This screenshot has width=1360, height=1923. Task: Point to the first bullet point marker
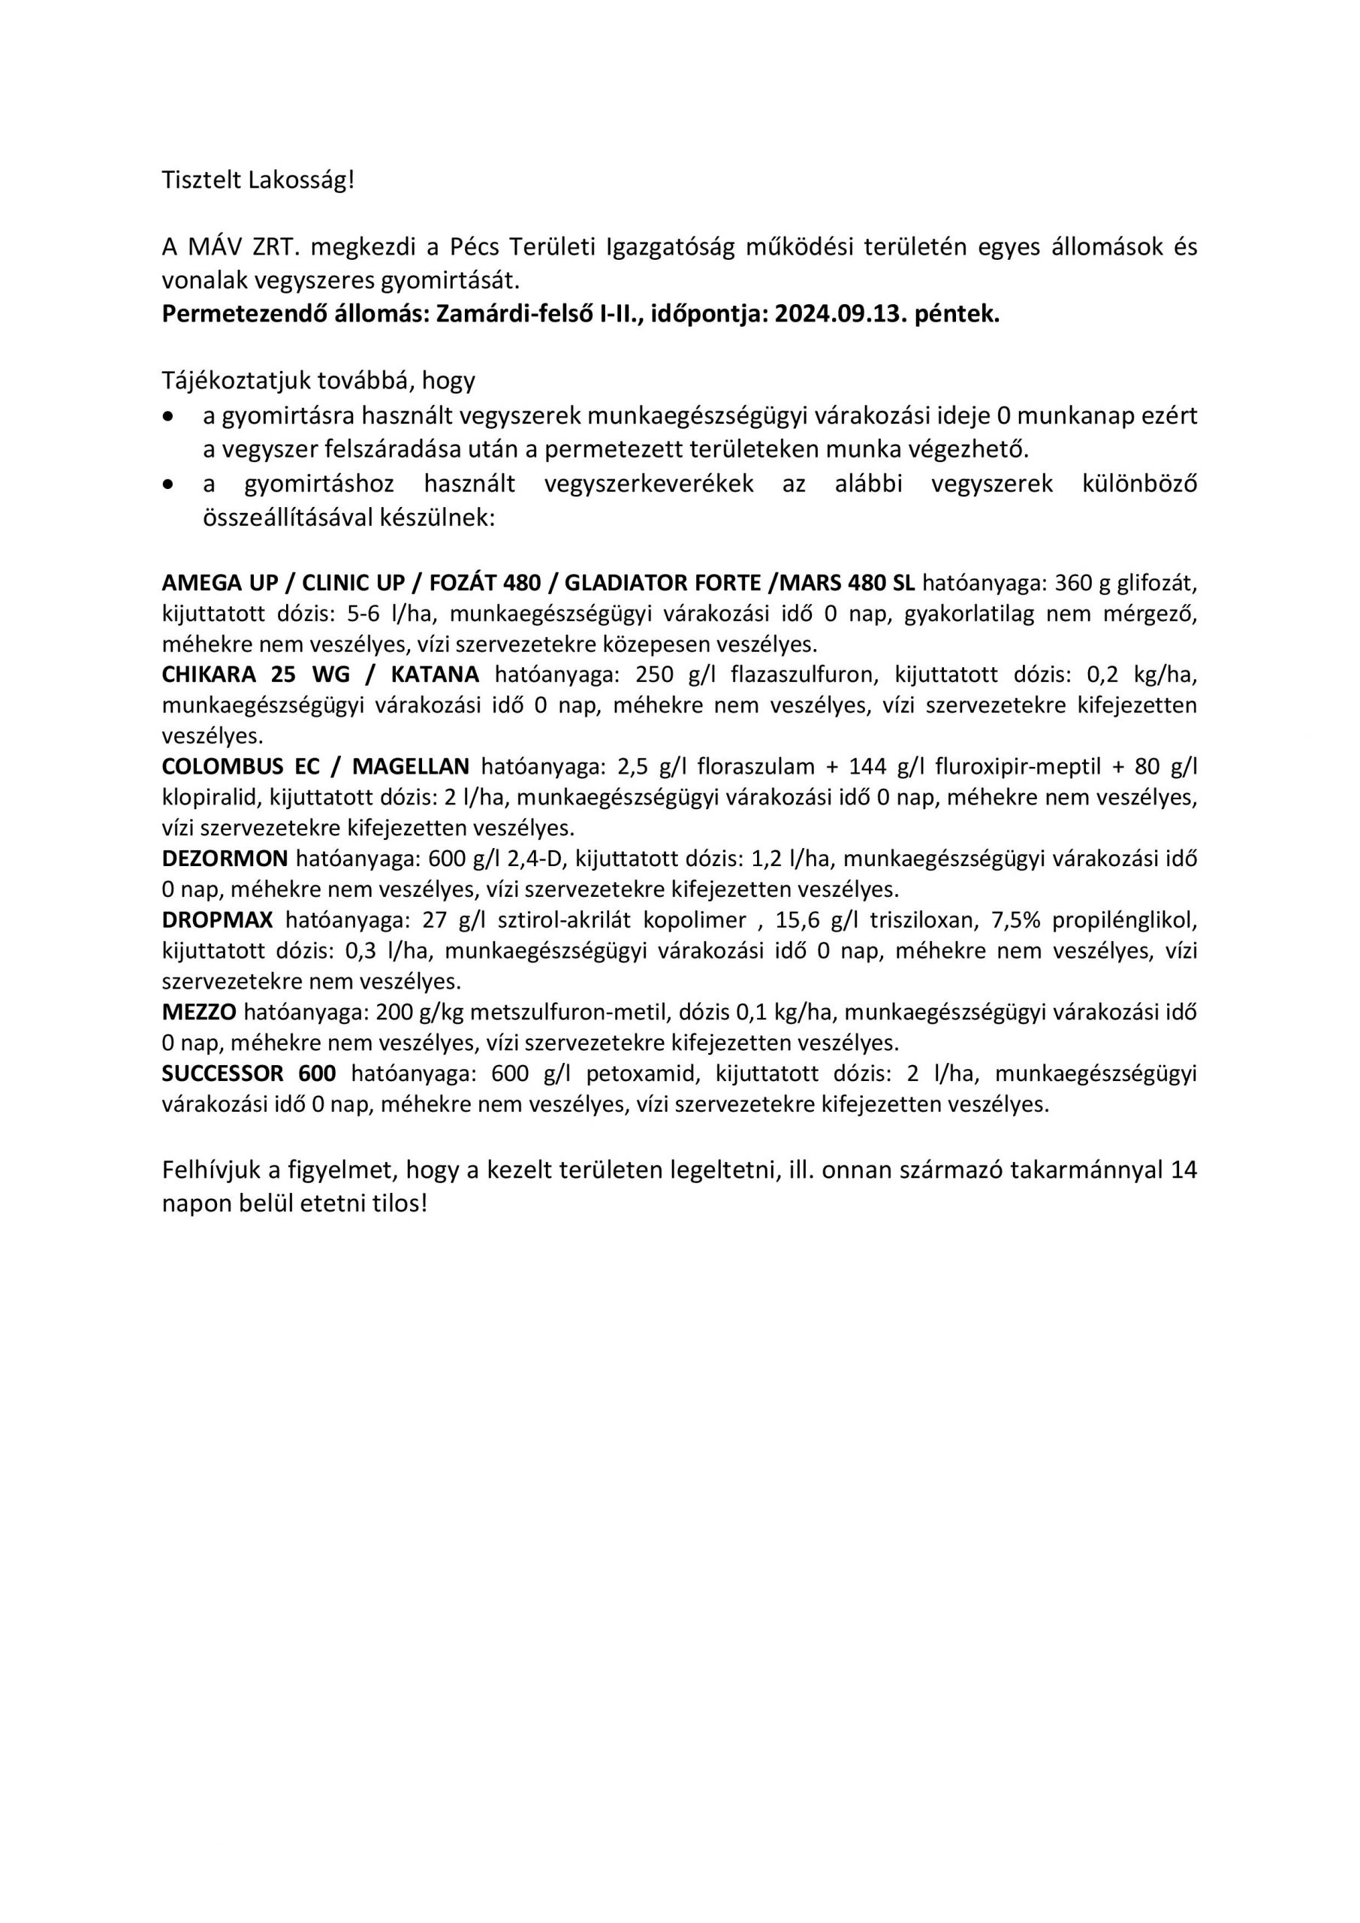click(x=170, y=416)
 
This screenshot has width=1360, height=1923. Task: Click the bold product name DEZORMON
click(x=225, y=859)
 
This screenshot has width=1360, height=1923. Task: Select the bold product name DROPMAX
click(x=218, y=919)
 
